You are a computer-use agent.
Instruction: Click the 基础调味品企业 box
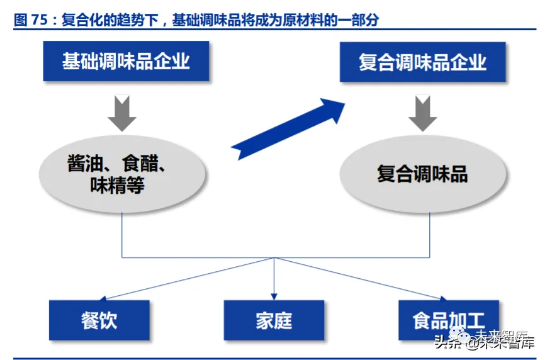[126, 61]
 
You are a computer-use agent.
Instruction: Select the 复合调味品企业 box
[422, 62]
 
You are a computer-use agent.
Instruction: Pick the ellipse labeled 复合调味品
[422, 174]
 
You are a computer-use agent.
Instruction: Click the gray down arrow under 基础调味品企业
[122, 113]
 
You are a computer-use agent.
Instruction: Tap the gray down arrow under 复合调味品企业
[422, 113]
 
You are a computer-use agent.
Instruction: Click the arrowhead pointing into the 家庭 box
[274, 295]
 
